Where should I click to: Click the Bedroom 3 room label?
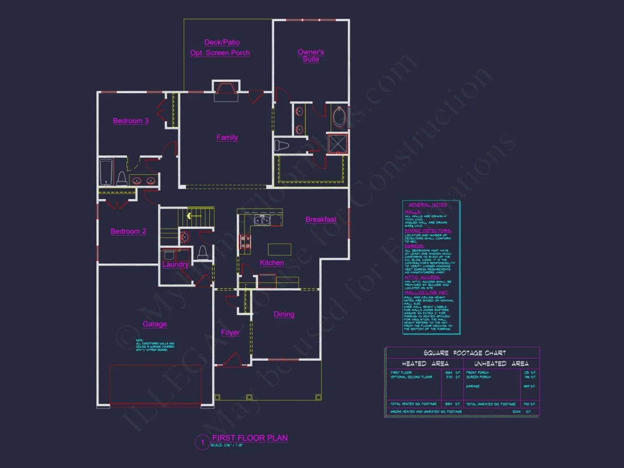click(130, 121)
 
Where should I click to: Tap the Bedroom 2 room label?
click(128, 231)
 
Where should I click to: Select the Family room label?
click(227, 137)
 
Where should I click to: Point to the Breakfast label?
click(321, 220)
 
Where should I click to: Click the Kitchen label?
click(272, 263)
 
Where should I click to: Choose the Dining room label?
click(284, 314)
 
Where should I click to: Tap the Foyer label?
click(230, 332)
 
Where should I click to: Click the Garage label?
click(154, 324)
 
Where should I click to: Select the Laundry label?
click(175, 264)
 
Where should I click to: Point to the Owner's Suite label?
click(311, 56)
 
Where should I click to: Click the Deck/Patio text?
click(222, 42)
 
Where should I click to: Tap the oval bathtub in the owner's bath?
click(339, 117)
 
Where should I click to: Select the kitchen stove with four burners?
click(246, 242)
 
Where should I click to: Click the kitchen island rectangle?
click(279, 249)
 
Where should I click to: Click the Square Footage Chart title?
click(462, 353)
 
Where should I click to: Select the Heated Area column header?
click(425, 364)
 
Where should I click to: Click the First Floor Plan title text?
click(250, 438)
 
